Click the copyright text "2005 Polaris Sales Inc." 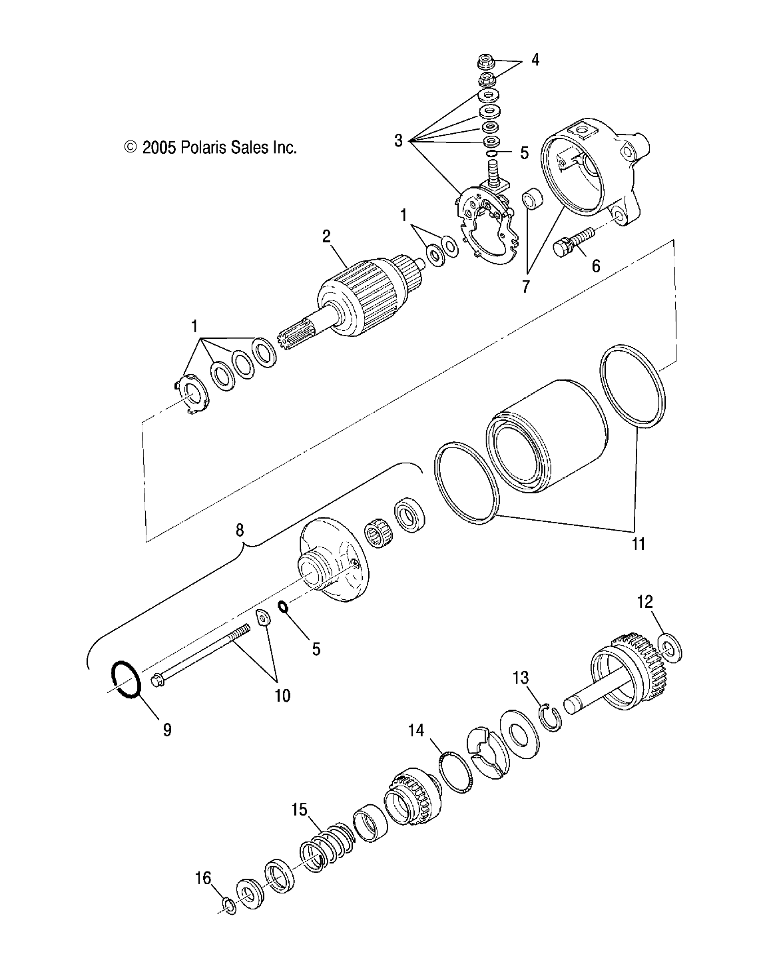coord(210,148)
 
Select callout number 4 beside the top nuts coord(535,61)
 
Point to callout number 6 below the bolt coord(595,266)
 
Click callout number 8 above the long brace coord(240,530)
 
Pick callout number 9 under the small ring coord(167,730)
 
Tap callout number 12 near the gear coord(645,602)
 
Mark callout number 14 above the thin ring coord(416,730)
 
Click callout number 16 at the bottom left coord(204,879)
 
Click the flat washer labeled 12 coord(668,645)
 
